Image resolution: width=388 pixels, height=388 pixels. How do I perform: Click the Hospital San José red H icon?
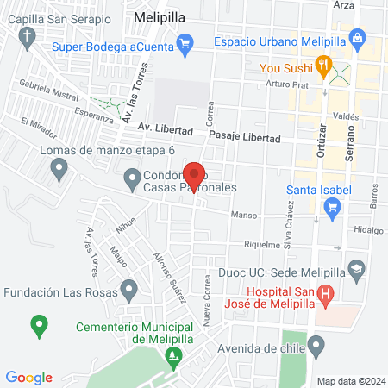point(325,297)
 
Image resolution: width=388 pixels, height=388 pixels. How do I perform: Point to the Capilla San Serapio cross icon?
point(28,36)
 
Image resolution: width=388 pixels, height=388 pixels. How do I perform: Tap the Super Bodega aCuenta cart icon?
point(184,41)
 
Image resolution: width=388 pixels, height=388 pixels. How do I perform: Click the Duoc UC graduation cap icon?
point(355,271)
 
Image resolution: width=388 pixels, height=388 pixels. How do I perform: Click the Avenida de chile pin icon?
point(316,347)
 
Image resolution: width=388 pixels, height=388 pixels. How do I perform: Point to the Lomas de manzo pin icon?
point(59,170)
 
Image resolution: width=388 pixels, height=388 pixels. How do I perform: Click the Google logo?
point(28,377)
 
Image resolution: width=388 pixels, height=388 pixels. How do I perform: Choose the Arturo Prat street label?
point(286,84)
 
